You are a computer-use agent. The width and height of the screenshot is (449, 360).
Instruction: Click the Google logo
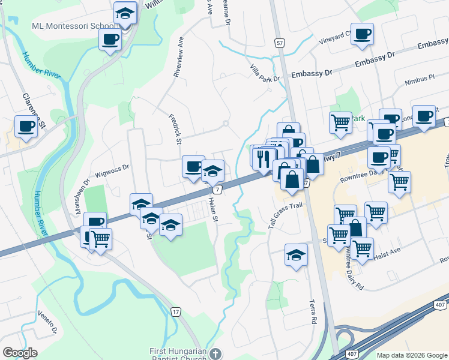click(20, 353)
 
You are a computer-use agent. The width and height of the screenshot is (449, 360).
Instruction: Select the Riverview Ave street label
click(178, 59)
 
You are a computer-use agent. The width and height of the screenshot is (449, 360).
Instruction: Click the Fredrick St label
click(175, 130)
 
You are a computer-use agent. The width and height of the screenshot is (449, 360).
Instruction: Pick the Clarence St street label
click(34, 111)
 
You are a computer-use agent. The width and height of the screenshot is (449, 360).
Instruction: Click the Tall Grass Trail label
click(285, 214)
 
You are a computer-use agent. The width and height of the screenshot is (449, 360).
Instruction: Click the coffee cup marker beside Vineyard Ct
click(362, 34)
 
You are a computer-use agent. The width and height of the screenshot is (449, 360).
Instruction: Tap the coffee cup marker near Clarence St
click(26, 127)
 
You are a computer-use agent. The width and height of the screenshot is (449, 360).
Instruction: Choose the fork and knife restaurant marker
click(263, 157)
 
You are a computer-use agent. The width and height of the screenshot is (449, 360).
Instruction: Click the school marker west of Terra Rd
click(296, 255)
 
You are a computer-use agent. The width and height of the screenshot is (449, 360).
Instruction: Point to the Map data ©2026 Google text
click(412, 355)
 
